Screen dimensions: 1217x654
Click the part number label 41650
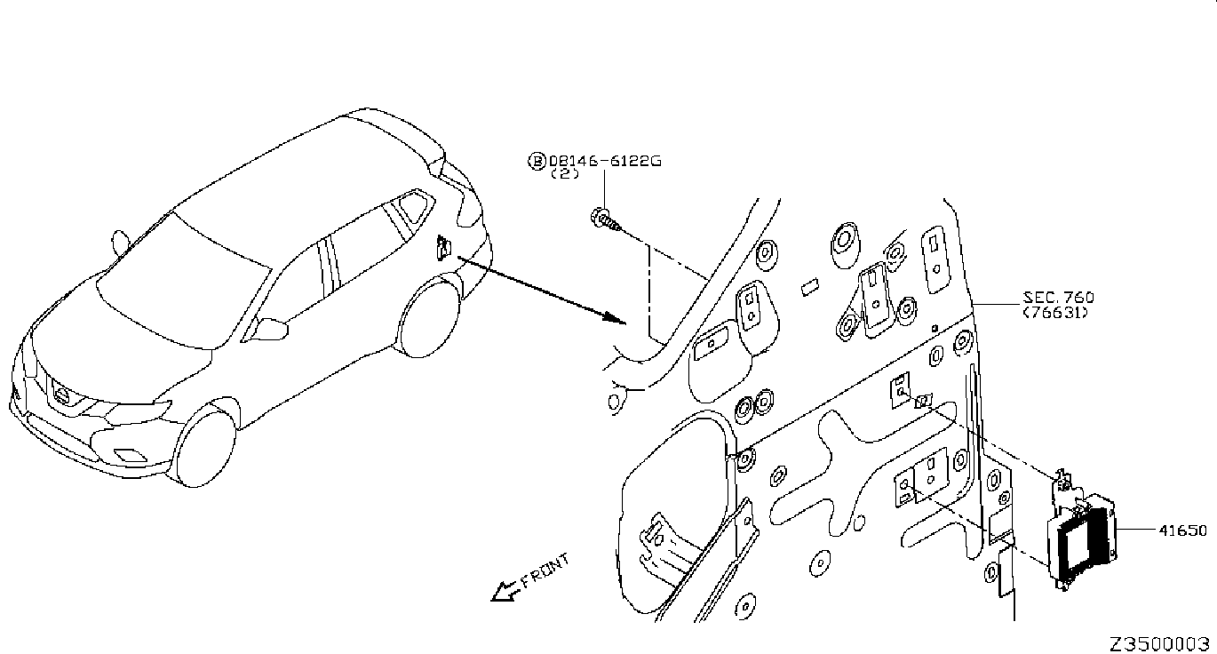click(1182, 530)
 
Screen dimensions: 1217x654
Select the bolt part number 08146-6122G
click(605, 161)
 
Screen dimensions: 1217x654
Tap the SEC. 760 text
click(1058, 298)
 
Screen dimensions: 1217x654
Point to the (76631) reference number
click(1055, 313)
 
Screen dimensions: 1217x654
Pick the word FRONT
click(545, 570)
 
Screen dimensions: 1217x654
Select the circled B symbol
click(537, 161)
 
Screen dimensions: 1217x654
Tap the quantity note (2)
click(565, 174)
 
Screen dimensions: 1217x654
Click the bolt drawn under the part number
click(605, 220)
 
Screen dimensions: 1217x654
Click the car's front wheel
click(206, 448)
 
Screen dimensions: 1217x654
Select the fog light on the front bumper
click(129, 454)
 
